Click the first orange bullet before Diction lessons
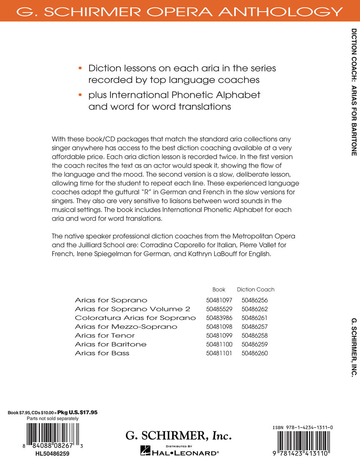pos(80,68)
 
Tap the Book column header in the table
pos(219,289)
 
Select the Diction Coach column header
pos(255,289)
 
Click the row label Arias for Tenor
pos(105,335)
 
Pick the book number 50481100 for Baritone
pos(219,344)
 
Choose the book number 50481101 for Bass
pos(219,353)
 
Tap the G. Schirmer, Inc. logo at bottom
pos(178,436)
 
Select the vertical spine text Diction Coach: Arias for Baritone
pos(354,92)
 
